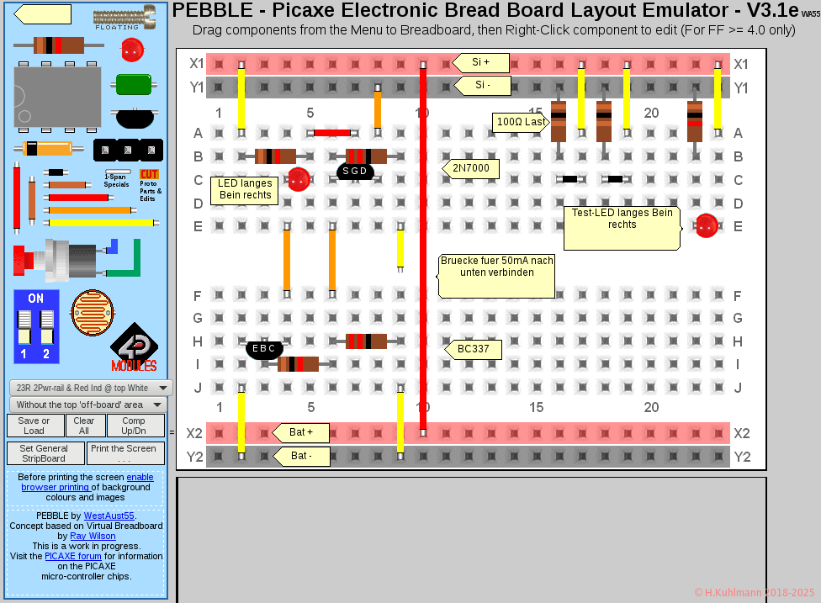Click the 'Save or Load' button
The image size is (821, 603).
point(34,426)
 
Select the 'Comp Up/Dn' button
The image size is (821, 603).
point(134,426)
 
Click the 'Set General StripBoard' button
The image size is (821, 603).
point(44,453)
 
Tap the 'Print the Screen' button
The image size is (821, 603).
point(124,453)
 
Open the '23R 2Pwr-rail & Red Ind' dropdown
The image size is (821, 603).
point(91,388)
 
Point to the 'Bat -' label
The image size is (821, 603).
point(301,456)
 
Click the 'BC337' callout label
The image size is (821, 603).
point(474,349)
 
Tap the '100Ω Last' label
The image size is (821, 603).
point(521,123)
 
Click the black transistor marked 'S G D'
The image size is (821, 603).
point(354,171)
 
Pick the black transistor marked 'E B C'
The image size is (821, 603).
point(264,348)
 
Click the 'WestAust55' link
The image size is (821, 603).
point(109,516)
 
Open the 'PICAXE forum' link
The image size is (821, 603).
point(73,556)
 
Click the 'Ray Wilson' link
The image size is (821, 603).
point(93,536)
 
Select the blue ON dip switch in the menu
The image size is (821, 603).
point(36,326)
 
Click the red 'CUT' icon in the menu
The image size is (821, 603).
point(149,174)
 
